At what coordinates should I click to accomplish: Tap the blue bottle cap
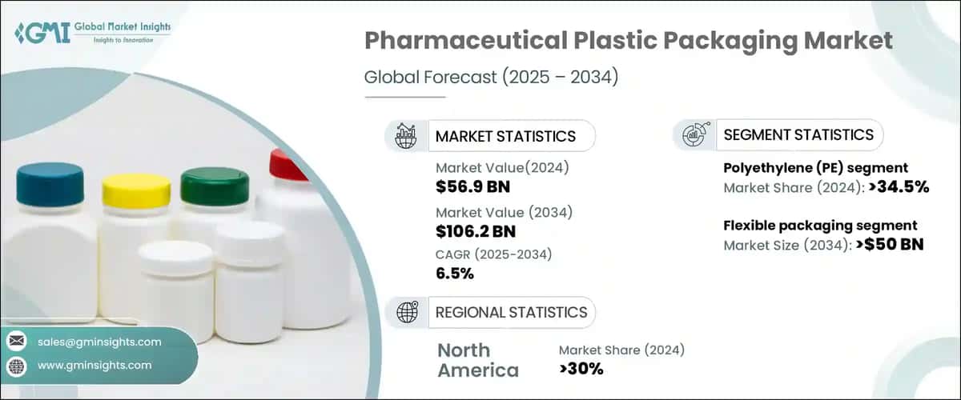50,183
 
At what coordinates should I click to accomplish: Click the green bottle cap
214,186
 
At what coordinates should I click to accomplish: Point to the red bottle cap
288,165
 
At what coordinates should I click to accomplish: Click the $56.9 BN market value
472,188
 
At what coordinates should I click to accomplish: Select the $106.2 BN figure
476,232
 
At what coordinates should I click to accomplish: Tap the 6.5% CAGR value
455,274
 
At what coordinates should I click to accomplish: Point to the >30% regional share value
581,369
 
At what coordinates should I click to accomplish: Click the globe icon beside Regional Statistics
407,312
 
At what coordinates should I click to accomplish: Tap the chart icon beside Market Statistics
407,136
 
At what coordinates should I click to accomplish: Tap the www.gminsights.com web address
94,365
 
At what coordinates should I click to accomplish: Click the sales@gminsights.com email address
99,342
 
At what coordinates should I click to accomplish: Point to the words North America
478,360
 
